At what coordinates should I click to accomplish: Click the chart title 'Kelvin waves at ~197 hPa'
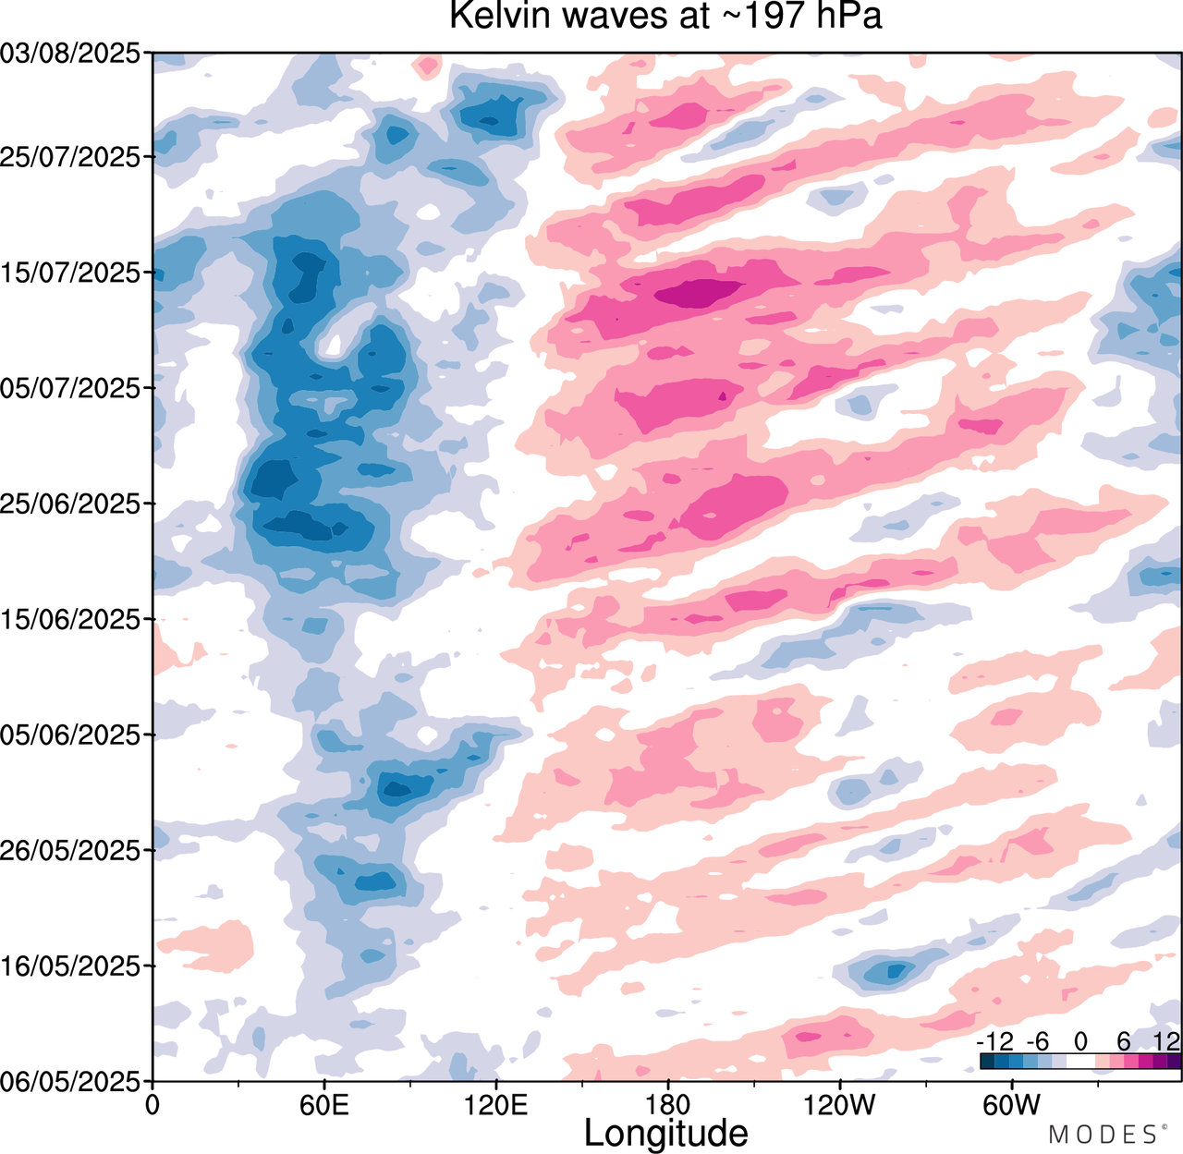(665, 16)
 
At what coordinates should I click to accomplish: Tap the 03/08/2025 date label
(71, 55)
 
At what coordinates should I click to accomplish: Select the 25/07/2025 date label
(71, 157)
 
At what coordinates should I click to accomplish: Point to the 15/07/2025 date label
(71, 273)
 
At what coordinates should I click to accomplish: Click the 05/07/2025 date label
(71, 389)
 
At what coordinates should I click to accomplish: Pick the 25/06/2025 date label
(71, 504)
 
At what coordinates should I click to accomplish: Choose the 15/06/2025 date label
(71, 620)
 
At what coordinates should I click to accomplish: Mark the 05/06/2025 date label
(71, 735)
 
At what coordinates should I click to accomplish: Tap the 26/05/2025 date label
(71, 851)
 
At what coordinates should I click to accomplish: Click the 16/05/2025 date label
(71, 966)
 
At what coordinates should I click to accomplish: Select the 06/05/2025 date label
(71, 1081)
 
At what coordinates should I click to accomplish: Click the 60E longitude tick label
(324, 1104)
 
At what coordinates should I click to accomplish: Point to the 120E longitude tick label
(496, 1104)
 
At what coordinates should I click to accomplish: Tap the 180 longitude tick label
(667, 1104)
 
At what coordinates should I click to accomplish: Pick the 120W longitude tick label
(839, 1104)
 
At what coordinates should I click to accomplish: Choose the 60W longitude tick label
(1011, 1104)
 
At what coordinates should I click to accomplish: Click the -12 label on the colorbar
(994, 1042)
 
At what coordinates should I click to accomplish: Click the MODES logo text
(1102, 1134)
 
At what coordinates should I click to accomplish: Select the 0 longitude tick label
(153, 1104)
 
